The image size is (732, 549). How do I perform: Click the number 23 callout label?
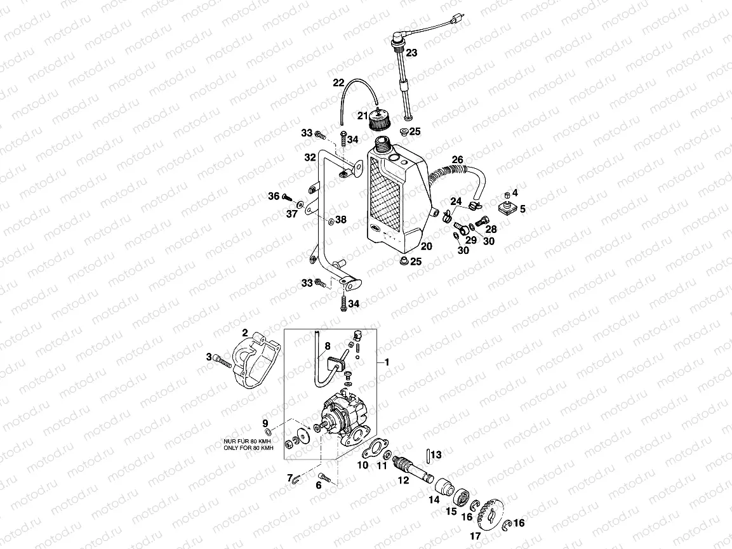click(411, 53)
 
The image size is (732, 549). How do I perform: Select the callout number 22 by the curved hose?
click(338, 82)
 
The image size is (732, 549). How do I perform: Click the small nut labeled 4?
click(507, 193)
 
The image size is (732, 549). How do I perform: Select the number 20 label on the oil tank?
click(426, 246)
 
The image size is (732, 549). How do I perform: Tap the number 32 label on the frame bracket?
click(310, 157)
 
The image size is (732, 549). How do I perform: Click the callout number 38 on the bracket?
click(341, 220)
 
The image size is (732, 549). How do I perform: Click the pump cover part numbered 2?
click(255, 357)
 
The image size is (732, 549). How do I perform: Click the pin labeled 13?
click(430, 455)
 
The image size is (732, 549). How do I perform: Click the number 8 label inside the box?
click(328, 347)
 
